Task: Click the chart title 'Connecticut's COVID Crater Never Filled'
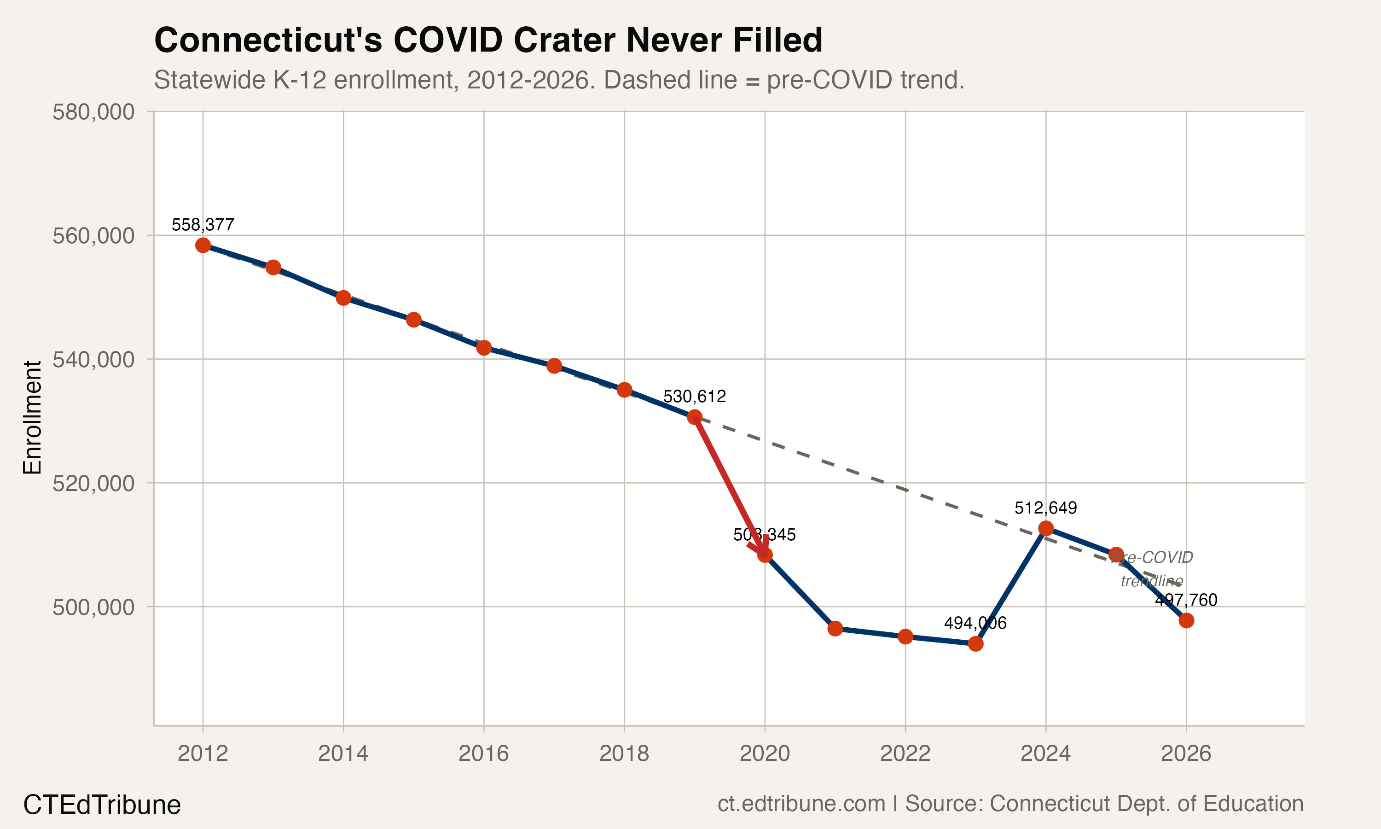(488, 40)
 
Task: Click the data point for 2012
(203, 245)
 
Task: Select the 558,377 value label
(203, 225)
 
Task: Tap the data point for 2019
(694, 417)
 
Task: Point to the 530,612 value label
(694, 397)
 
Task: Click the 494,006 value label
(975, 623)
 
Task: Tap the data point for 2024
(1045, 528)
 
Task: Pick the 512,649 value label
(1045, 508)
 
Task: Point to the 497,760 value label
(1186, 600)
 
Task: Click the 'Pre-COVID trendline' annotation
(1152, 569)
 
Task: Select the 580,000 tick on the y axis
(93, 112)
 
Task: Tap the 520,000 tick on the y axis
(93, 483)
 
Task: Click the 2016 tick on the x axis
(483, 753)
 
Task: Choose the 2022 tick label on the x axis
(905, 753)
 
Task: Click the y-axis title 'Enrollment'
(32, 417)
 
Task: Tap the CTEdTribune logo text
(102, 805)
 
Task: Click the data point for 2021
(835, 629)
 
